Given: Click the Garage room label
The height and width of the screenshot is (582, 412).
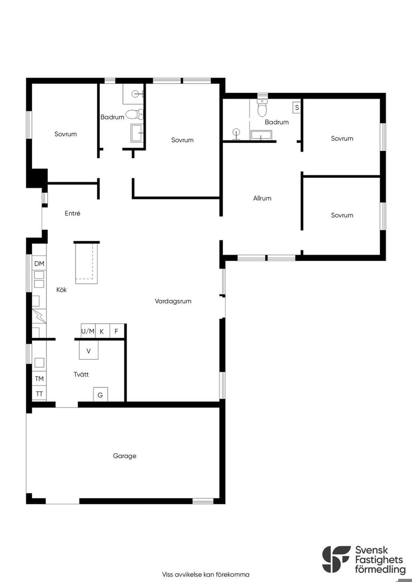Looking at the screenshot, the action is click(x=125, y=456).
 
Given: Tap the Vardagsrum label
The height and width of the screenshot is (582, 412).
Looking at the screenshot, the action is click(x=173, y=301).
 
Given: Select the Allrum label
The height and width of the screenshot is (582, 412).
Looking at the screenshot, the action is click(x=262, y=198).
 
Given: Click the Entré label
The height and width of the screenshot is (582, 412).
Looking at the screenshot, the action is click(x=72, y=213).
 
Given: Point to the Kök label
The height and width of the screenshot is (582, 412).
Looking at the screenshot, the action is click(x=62, y=290).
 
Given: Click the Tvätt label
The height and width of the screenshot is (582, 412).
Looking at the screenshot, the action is click(x=81, y=375).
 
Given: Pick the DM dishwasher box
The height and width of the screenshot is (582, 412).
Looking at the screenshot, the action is click(x=39, y=263).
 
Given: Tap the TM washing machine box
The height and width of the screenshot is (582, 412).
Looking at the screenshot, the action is click(x=39, y=379).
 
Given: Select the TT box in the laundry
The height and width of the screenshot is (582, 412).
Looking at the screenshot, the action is click(x=39, y=393).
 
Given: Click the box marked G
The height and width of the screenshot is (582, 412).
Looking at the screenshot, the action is click(x=101, y=394).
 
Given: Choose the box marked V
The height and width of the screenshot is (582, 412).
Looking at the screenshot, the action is click(x=89, y=350).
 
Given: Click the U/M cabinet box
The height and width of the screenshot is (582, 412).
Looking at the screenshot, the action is click(x=88, y=331).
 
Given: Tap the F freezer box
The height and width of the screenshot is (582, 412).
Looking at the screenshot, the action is click(x=117, y=331).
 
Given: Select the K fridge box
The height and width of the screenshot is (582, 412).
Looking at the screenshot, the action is click(x=103, y=331).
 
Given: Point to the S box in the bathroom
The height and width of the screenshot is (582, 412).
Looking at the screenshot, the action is click(x=297, y=108).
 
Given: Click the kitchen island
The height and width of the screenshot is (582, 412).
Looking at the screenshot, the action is click(x=87, y=263).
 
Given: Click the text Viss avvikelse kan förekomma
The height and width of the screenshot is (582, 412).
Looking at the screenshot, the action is click(x=206, y=574).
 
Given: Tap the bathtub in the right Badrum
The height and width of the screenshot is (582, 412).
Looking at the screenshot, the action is click(x=261, y=135).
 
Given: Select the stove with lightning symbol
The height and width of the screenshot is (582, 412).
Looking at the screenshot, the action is click(x=39, y=316).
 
